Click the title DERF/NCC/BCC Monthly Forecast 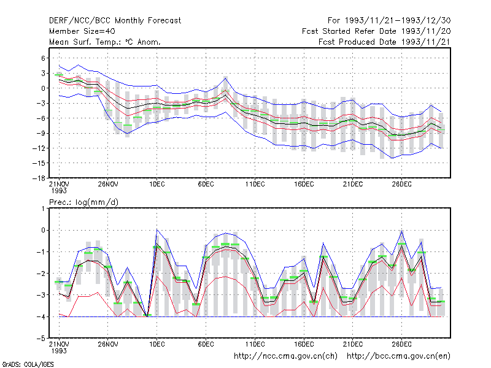(115, 21)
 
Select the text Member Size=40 (82, 31)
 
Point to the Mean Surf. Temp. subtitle (104, 42)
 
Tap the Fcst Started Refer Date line (376, 31)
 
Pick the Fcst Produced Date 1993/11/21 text (384, 42)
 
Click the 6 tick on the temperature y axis (43, 58)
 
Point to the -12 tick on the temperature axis (39, 148)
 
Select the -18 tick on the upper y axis (39, 178)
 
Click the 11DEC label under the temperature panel (255, 184)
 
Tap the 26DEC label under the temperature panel (402, 184)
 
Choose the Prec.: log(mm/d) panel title (83, 202)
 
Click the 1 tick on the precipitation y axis (43, 209)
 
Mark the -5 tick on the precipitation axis (41, 339)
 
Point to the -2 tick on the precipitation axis (41, 274)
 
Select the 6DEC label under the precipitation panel (206, 344)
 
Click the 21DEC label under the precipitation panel (352, 344)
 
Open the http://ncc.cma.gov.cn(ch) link (285, 356)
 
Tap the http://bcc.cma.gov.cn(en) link (398, 356)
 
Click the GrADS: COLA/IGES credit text (28, 364)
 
